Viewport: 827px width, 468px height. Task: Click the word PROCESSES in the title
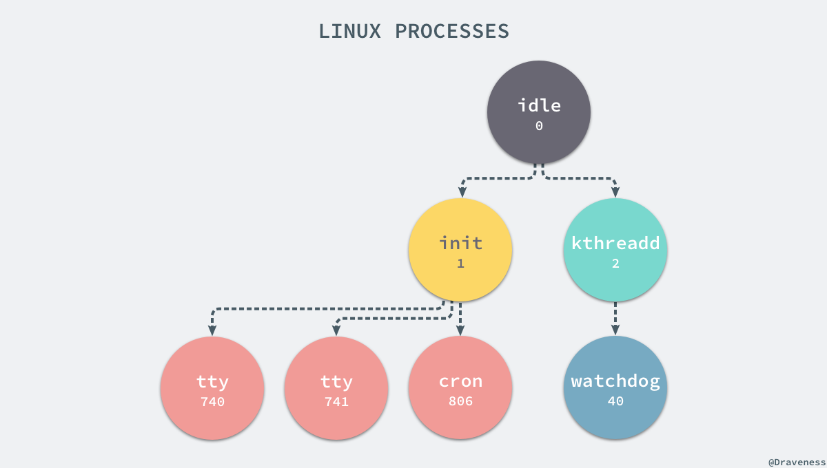[452, 31]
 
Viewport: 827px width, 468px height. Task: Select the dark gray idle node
[539, 113]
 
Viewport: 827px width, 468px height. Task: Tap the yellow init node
[460, 250]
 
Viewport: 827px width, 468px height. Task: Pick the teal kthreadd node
[615, 250]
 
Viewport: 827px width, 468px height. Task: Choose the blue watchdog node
[615, 388]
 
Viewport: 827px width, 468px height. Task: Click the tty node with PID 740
[212, 388]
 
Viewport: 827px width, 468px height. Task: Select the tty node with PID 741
[336, 388]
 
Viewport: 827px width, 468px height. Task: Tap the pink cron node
[460, 388]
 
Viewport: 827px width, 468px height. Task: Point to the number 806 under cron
[460, 402]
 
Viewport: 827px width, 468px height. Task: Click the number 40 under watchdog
[615, 402]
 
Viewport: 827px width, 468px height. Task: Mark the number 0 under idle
[539, 127]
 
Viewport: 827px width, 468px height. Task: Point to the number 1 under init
[460, 264]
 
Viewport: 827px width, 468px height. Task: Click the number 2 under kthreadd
[615, 264]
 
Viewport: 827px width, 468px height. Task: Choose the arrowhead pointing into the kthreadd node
[615, 193]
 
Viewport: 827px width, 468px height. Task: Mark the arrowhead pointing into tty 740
[212, 331]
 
